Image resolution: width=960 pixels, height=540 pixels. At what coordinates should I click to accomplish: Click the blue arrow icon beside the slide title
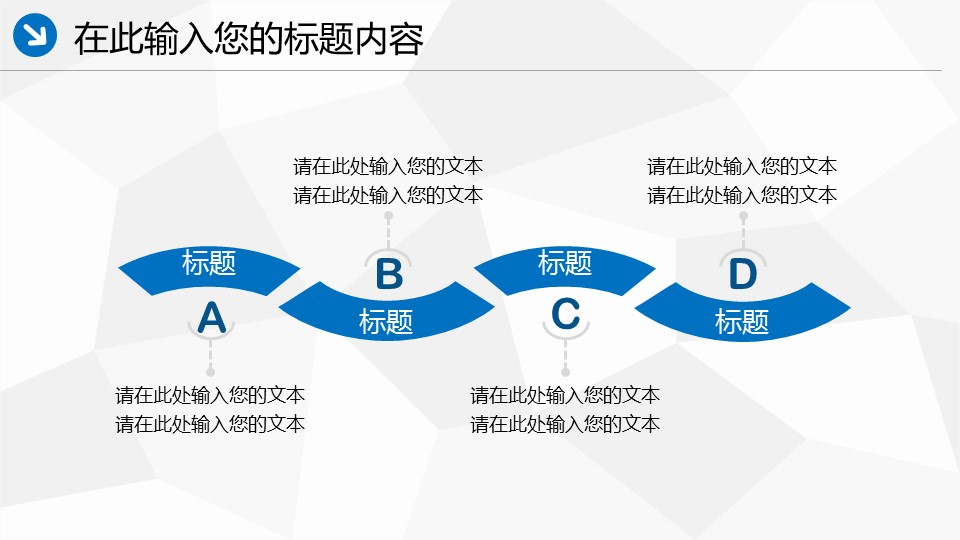[35, 35]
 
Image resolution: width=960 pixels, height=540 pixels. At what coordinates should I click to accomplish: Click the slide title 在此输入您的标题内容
[249, 39]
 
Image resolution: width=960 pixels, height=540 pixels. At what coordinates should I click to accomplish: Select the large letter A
[212, 318]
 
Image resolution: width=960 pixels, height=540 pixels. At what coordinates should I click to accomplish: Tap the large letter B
[389, 274]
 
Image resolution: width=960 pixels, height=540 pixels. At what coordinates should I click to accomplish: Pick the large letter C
[566, 314]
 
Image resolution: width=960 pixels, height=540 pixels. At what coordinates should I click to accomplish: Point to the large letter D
[743, 274]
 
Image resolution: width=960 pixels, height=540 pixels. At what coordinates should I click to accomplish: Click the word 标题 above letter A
[209, 263]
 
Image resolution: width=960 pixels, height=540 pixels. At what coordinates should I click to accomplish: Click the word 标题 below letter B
[386, 321]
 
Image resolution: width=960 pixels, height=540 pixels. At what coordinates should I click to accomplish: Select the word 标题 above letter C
[564, 263]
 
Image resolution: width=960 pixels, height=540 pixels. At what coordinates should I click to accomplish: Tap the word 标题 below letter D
[741, 321]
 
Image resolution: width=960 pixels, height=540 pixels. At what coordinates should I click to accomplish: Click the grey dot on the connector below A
[211, 372]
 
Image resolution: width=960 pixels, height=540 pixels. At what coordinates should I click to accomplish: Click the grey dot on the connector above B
[388, 216]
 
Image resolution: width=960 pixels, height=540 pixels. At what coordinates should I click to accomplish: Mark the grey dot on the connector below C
[565, 372]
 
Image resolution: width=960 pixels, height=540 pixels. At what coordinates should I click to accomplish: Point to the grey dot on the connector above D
[743, 216]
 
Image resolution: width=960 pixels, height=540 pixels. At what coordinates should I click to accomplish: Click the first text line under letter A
[210, 395]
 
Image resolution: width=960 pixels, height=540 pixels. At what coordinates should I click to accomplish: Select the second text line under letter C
[564, 424]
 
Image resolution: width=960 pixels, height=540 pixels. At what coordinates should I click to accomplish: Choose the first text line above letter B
[388, 166]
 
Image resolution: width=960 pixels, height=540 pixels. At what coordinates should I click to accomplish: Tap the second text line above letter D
[741, 195]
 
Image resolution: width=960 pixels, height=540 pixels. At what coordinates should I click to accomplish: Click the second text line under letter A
[210, 424]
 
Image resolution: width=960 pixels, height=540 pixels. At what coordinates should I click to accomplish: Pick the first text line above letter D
[741, 166]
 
